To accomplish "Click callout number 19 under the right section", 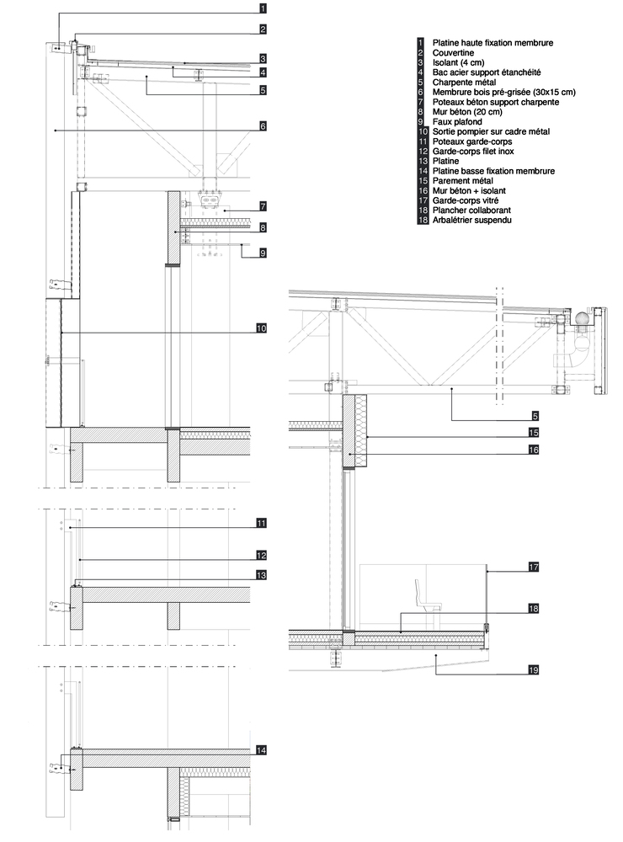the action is (533, 669).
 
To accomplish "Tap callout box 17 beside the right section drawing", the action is (533, 567).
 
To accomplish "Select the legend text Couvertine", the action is (453, 52).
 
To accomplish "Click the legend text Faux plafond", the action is (457, 122).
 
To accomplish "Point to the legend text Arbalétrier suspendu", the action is (472, 220).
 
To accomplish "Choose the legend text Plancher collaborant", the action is (471, 210).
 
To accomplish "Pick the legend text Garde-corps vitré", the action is (466, 200).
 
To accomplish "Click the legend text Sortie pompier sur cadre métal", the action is (491, 131).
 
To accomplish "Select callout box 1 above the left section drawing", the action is (263, 8).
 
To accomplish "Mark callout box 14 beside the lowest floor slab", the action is (261, 750).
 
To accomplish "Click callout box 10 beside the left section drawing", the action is (261, 328).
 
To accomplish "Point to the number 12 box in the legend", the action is (423, 152).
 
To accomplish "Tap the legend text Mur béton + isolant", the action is (469, 190).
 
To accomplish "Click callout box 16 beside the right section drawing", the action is (533, 450).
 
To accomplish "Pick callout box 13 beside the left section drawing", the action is (261, 575).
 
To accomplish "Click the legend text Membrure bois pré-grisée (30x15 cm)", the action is (503, 93).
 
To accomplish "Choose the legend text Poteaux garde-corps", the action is (472, 141).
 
